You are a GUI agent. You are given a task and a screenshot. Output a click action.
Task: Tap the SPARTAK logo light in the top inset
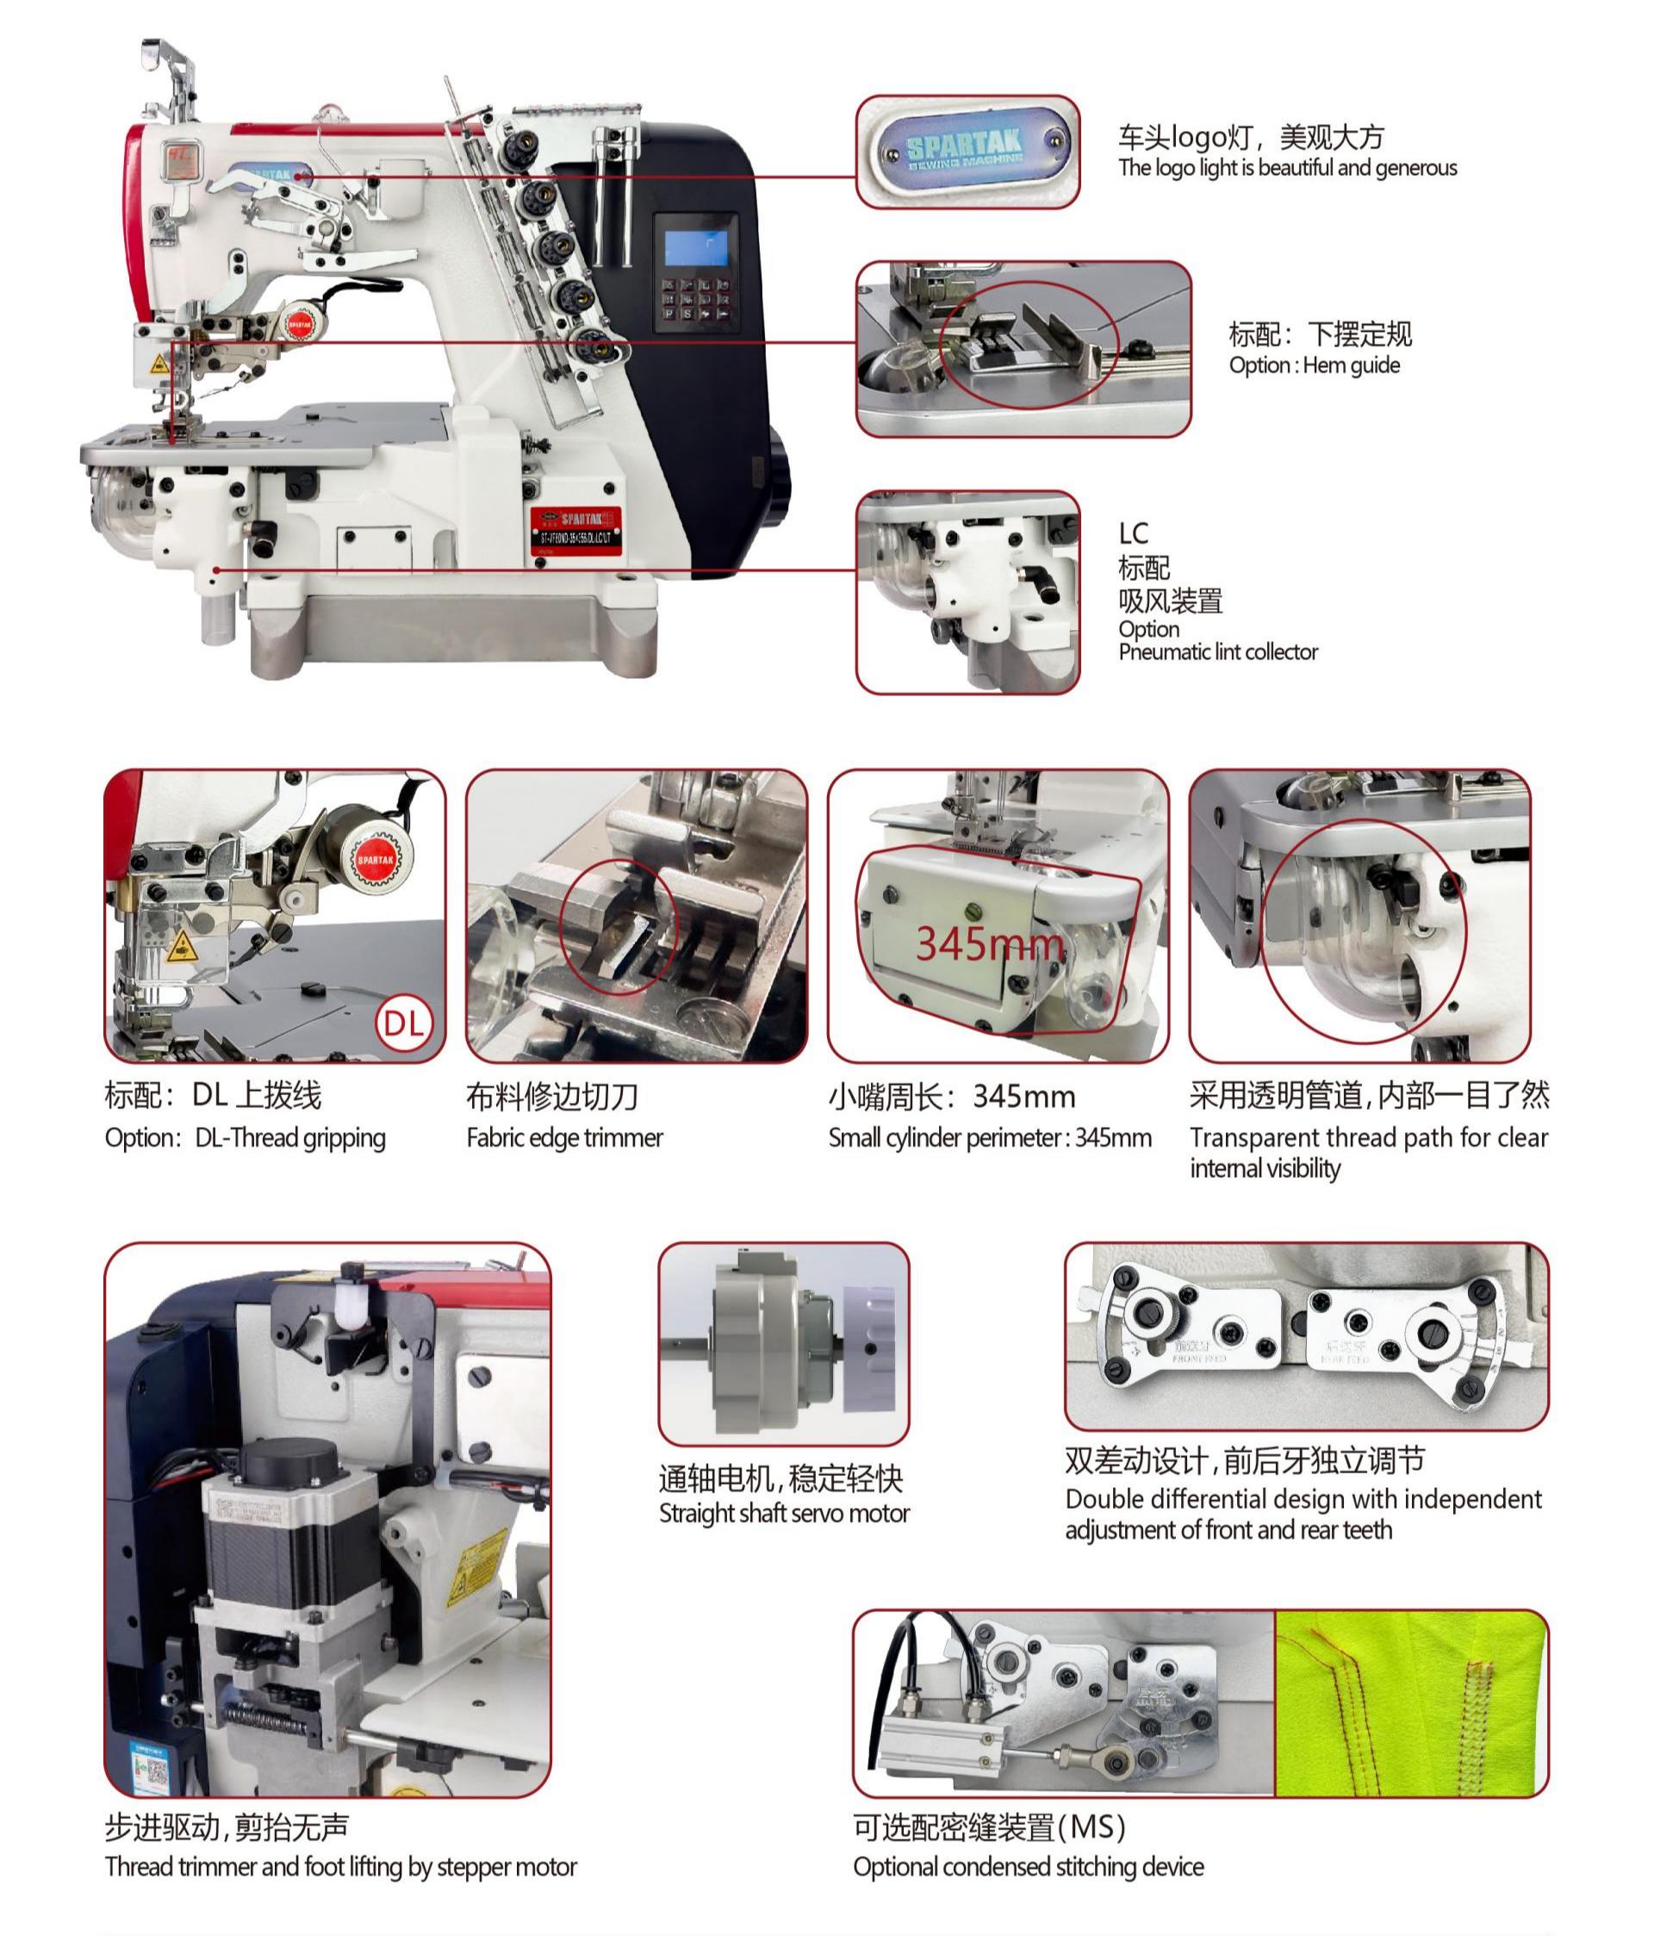point(967,151)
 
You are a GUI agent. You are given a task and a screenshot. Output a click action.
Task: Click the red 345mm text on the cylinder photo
point(989,943)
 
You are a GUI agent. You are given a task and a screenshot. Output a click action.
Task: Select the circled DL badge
point(404,1022)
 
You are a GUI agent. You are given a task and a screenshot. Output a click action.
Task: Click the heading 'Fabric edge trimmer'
point(564,1137)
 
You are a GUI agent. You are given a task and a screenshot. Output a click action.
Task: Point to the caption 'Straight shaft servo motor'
point(783,1513)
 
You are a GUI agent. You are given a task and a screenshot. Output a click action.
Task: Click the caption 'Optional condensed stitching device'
point(1028,1866)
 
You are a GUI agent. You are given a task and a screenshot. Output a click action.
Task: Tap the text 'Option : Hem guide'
point(1314,364)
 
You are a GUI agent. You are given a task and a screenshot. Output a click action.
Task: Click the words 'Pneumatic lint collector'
point(1217,651)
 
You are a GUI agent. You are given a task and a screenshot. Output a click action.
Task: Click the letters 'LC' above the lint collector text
point(1133,533)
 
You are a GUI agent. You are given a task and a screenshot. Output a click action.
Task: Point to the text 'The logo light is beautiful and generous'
point(1287,168)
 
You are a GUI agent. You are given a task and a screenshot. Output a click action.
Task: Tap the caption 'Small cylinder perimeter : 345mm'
point(989,1137)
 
